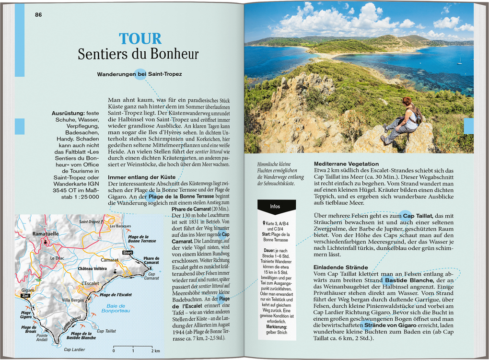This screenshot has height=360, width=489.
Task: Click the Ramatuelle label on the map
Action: pos(45,234)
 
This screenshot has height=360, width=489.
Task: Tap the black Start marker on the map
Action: pos(128,252)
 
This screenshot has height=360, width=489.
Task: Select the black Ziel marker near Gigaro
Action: pos(26,296)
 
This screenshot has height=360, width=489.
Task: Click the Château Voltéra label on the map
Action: pos(93,268)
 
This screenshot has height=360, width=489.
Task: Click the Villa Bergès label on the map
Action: pos(73,300)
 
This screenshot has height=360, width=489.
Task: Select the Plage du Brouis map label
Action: pos(29,329)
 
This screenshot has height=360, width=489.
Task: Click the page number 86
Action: pos(38,15)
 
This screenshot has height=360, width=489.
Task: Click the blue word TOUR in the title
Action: pos(140,39)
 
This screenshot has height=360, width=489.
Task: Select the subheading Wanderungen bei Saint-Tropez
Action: pos(140,74)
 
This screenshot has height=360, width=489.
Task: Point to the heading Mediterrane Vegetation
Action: pos(346,164)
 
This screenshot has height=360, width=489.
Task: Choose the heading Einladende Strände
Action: pos(341,267)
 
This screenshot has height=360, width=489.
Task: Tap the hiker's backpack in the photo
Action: pos(417,114)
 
